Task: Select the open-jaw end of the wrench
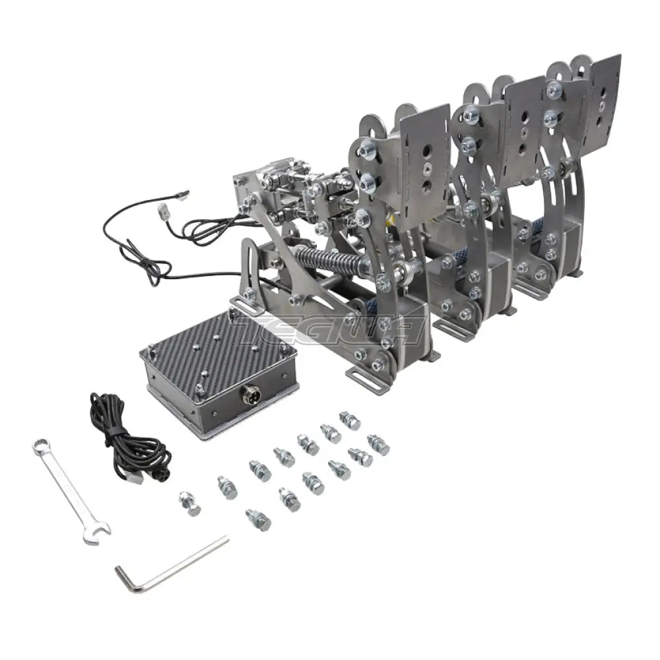[94, 533]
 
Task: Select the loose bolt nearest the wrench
[191, 503]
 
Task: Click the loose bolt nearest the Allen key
[257, 518]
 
